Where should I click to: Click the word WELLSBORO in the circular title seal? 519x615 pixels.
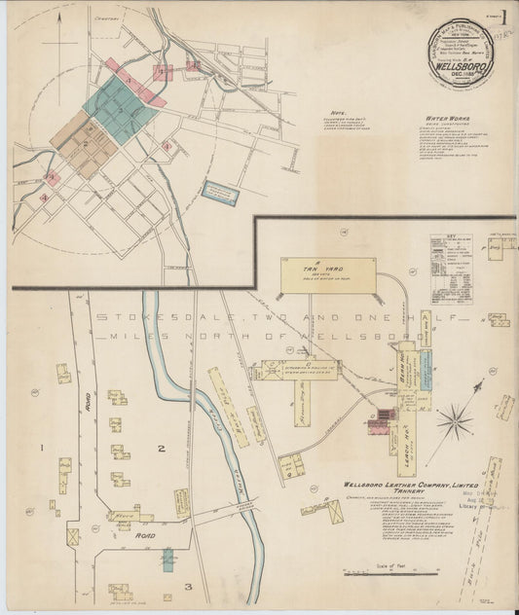pyautogui.click(x=458, y=67)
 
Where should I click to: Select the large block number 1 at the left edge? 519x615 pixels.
pyautogui.click(x=41, y=447)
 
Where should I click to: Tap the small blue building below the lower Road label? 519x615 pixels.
pyautogui.click(x=167, y=560)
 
